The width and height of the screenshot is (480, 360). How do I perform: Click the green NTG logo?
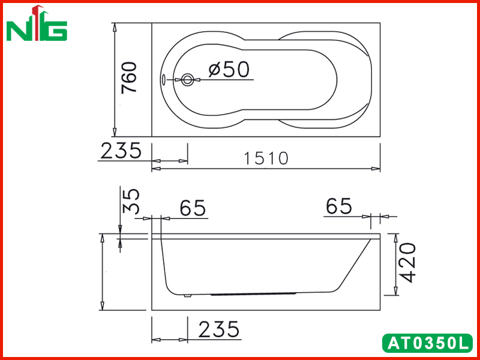tap(37, 23)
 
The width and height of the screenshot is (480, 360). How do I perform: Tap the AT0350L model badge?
tap(427, 343)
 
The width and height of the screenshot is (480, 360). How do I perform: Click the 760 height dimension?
tap(129, 78)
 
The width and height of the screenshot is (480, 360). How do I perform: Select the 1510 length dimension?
tap(266, 158)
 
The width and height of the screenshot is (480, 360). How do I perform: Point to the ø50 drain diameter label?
tap(229, 70)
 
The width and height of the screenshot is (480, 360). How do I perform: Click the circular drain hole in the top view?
tap(187, 80)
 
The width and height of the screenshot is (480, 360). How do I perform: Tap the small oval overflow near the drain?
tap(163, 80)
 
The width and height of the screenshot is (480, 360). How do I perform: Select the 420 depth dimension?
tap(408, 263)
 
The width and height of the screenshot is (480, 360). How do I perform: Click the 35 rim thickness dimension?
tap(131, 201)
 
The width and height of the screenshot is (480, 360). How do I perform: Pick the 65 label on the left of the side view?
tap(193, 208)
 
